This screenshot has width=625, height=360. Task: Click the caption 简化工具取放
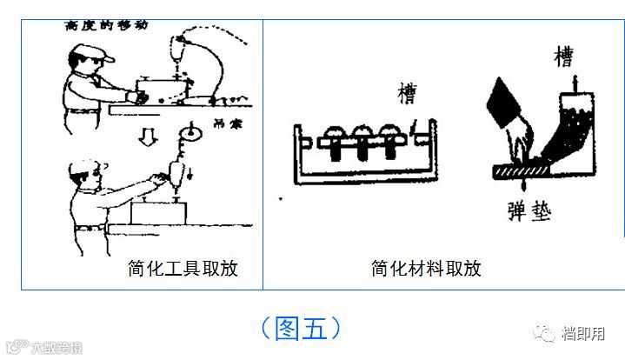point(182,269)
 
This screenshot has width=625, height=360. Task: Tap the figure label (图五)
point(300,329)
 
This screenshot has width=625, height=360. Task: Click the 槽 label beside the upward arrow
point(563,58)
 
